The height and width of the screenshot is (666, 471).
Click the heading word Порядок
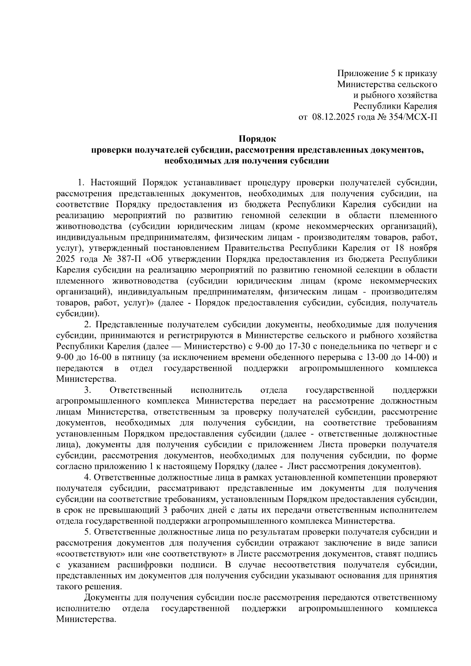[258, 139]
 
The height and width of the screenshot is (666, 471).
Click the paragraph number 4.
[87, 478]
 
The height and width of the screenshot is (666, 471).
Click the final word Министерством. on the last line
[86, 620]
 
